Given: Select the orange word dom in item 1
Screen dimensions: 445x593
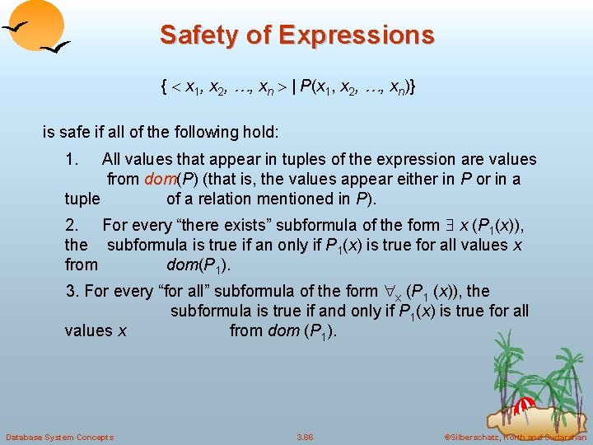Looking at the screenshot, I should tap(158, 179).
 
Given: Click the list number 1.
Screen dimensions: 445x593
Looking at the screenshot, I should tap(72, 159).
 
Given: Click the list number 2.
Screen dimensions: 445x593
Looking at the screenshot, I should tap(72, 225).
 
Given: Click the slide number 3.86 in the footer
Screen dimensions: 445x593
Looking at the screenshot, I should tap(305, 437).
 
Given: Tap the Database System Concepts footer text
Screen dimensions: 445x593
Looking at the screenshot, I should tap(59, 437).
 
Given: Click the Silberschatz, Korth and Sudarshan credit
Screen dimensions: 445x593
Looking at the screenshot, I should tap(515, 437).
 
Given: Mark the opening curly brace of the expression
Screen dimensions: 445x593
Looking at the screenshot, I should tap(166, 87).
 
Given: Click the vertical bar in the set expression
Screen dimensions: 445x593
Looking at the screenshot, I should tap(294, 87).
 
